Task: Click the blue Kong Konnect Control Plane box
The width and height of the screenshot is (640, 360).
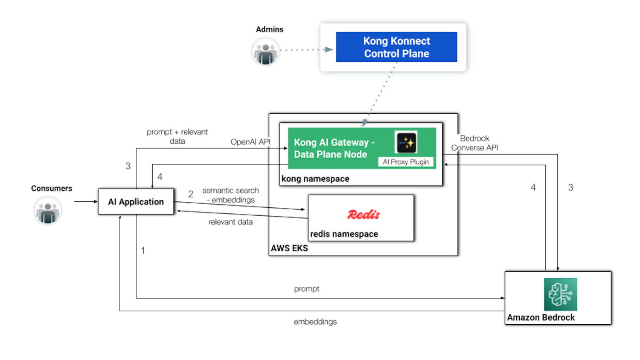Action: (x=397, y=47)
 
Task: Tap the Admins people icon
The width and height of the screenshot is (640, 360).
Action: (x=266, y=51)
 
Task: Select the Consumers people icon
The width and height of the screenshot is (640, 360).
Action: (x=47, y=210)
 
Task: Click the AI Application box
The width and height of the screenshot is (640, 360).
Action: (x=136, y=202)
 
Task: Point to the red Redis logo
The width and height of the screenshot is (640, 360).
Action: (x=364, y=214)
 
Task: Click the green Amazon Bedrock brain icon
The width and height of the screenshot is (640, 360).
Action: (x=560, y=295)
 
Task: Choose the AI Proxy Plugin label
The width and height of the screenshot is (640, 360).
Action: (x=406, y=162)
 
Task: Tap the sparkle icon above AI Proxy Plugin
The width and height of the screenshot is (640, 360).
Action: (x=406, y=142)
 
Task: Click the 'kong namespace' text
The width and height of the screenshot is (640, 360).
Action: (x=315, y=179)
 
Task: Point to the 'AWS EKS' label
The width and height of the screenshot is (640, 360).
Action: (x=289, y=248)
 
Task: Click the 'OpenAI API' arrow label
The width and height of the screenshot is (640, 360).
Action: (x=250, y=142)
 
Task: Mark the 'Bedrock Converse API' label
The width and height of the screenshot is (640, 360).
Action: (x=474, y=143)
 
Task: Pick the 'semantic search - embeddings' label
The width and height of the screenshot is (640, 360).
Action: (x=230, y=195)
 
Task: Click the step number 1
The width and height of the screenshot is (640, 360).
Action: (x=143, y=251)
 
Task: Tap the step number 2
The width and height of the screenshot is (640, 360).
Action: (x=191, y=194)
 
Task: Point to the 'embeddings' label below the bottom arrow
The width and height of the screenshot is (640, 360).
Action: (x=315, y=321)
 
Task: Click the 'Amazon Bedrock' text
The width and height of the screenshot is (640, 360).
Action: (x=541, y=317)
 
